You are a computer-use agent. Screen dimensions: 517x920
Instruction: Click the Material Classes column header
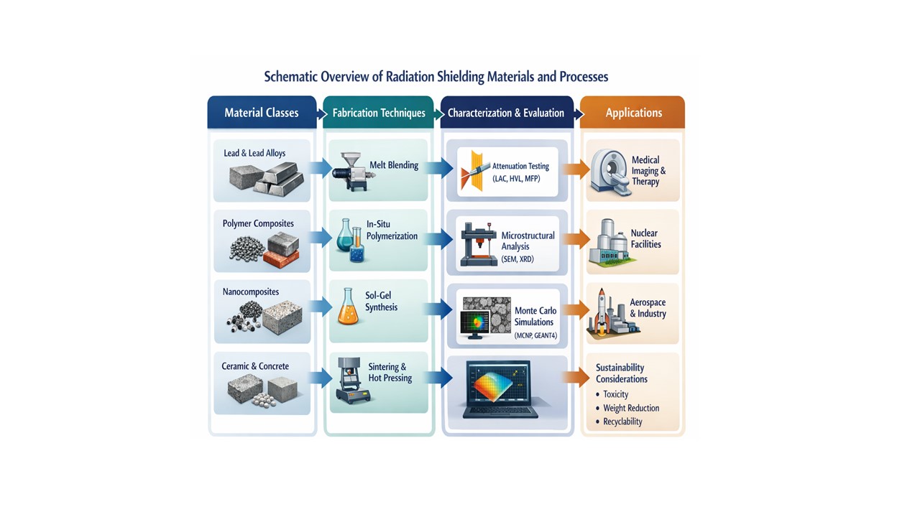(x=261, y=113)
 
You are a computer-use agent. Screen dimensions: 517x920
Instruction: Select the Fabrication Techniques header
(x=379, y=113)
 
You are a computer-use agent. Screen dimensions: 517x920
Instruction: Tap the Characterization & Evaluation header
(x=505, y=113)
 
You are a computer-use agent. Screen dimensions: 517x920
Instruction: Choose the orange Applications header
(x=633, y=113)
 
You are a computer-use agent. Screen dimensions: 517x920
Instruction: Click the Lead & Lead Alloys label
(x=254, y=153)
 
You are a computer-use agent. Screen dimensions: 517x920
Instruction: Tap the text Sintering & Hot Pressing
(x=390, y=372)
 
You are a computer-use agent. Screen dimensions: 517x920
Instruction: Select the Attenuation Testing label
(x=520, y=167)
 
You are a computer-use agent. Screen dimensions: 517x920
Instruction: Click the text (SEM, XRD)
(x=517, y=259)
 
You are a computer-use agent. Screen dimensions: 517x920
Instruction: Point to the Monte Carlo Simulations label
(x=535, y=317)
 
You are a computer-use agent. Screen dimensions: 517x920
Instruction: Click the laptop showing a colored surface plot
(x=501, y=388)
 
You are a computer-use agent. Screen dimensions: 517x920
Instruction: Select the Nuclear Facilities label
(x=645, y=238)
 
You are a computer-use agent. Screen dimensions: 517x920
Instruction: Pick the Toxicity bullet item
(x=615, y=394)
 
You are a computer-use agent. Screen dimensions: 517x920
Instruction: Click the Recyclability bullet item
(x=622, y=421)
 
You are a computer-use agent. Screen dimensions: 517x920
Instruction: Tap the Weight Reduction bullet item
(x=630, y=408)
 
